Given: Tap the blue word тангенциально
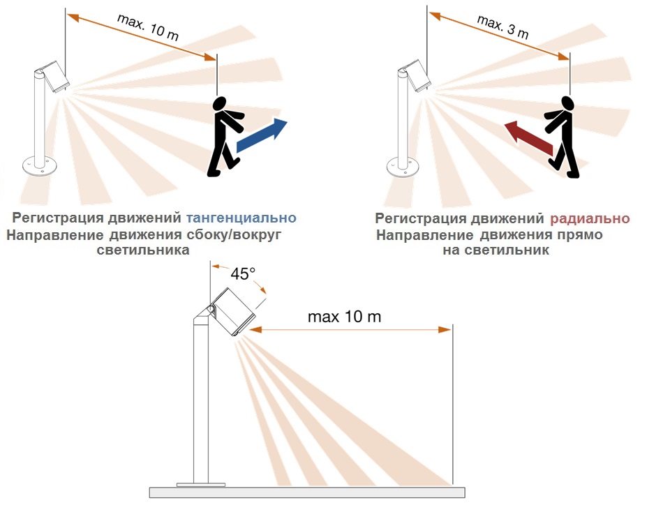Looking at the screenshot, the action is [241, 218].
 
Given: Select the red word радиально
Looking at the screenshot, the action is [590, 218].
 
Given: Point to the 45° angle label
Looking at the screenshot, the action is [243, 273].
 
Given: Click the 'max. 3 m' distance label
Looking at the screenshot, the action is [502, 27].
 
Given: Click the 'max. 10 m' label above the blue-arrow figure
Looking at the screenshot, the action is [148, 27].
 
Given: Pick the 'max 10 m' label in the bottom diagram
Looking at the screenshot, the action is [344, 317].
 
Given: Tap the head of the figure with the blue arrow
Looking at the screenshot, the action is [219, 104].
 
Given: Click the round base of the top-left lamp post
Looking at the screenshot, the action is [39, 165].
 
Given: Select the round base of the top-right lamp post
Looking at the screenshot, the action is [403, 167].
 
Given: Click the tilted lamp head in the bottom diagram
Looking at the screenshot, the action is [233, 311].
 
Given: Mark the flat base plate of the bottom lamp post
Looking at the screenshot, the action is [201, 485].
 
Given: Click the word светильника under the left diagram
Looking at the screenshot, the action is [143, 250].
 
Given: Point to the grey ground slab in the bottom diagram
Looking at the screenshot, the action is [307, 492].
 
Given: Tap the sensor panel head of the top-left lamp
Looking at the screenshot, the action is [55, 77].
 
